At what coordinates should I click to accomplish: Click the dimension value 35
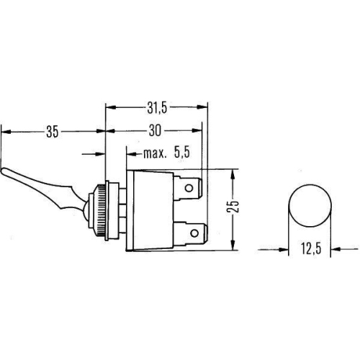(x=51, y=132)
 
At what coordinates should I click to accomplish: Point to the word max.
(x=155, y=153)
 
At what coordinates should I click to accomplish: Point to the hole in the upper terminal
(x=189, y=191)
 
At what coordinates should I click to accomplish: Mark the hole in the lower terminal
(x=194, y=234)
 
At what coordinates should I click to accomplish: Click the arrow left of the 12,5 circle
(x=282, y=251)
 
